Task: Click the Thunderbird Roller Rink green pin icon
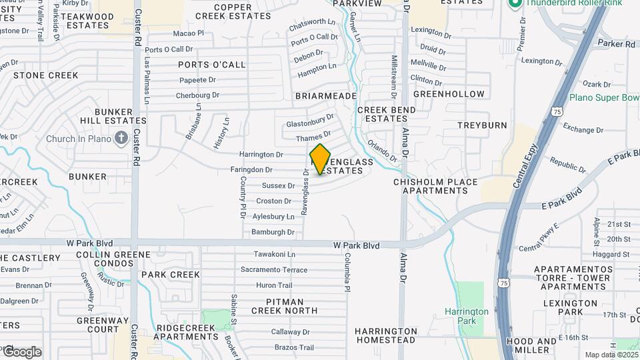tap(515, 3)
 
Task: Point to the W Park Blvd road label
tap(356, 246)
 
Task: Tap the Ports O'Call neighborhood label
tap(212, 65)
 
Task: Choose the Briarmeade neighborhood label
tap(326, 96)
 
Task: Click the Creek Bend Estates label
tap(382, 114)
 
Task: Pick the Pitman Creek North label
tap(284, 306)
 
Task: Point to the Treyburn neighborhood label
tap(482, 125)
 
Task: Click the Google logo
tap(22, 352)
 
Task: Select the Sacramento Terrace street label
tap(274, 270)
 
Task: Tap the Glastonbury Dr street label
tap(310, 121)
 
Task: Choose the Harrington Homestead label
tap(386, 335)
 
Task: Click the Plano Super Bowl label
tap(604, 97)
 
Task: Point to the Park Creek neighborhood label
tap(171, 275)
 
